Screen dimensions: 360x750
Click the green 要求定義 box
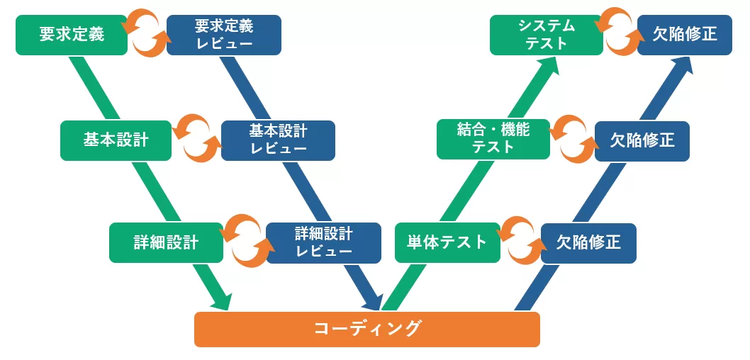[x=71, y=34]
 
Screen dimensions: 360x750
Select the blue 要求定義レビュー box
[x=223, y=35]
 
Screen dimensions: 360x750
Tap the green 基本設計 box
[x=116, y=140]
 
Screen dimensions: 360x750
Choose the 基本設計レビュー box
[x=278, y=140]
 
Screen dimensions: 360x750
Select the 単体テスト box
[x=447, y=242]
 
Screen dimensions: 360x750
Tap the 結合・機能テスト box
[x=493, y=138]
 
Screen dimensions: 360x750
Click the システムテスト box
[x=546, y=35]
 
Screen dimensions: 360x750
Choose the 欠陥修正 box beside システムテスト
[x=684, y=35]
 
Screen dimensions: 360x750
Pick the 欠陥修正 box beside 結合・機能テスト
[x=642, y=140]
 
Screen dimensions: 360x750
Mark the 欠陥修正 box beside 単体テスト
[x=588, y=243]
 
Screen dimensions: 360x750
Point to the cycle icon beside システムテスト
[x=620, y=30]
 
